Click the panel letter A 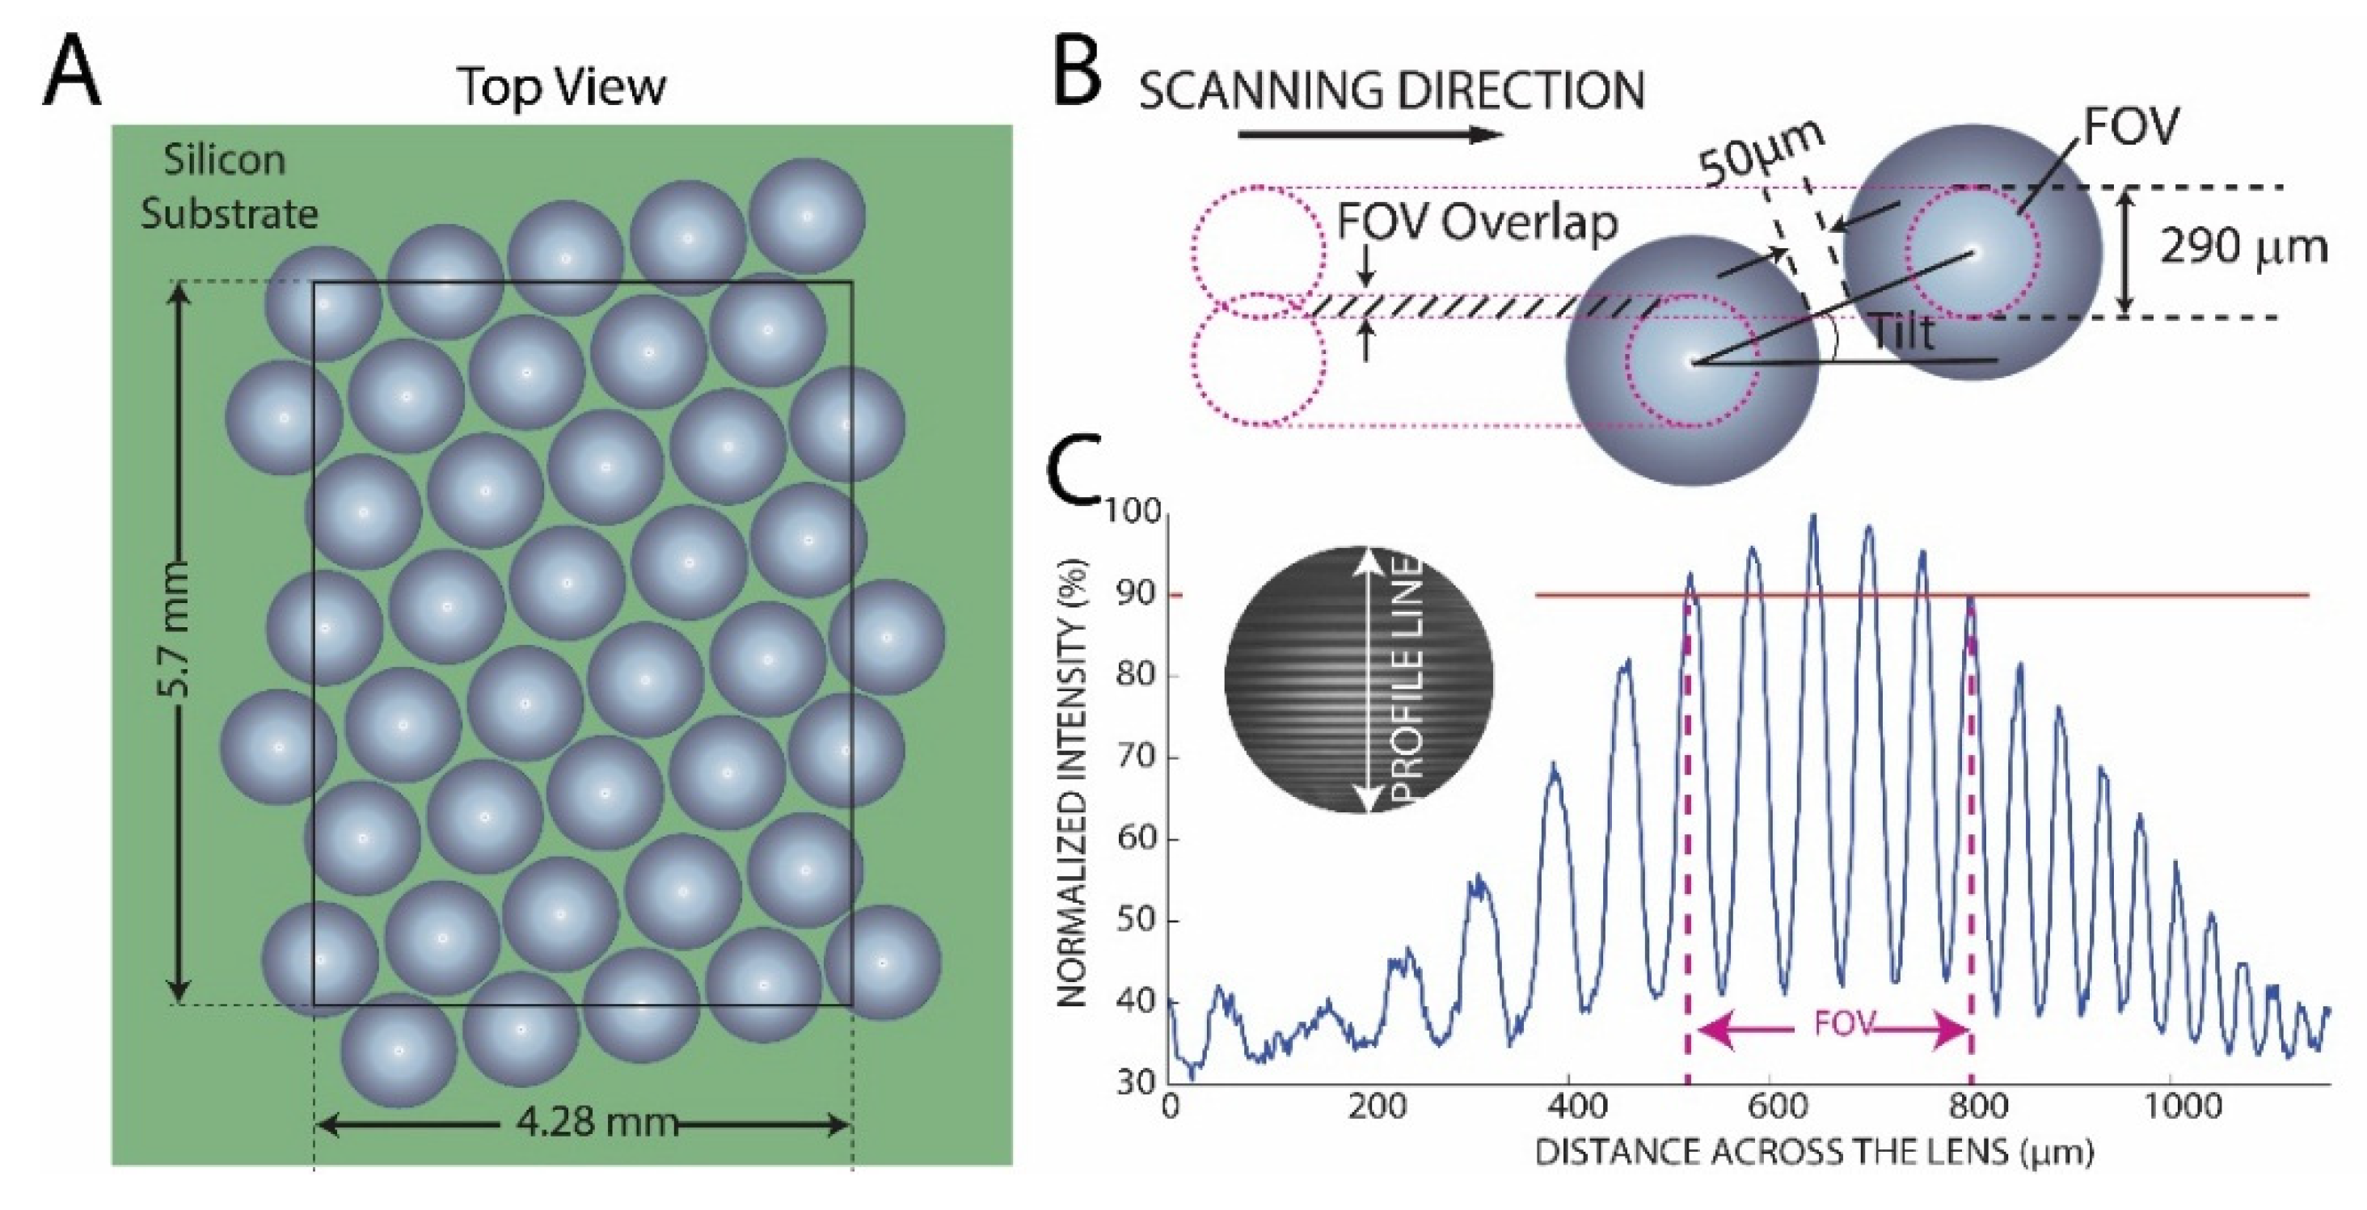click(72, 74)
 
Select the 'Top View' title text click(561, 87)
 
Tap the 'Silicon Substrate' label click(228, 188)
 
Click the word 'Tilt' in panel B click(1901, 331)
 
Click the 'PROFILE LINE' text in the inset click(1405, 681)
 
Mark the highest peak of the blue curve click(1813, 516)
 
